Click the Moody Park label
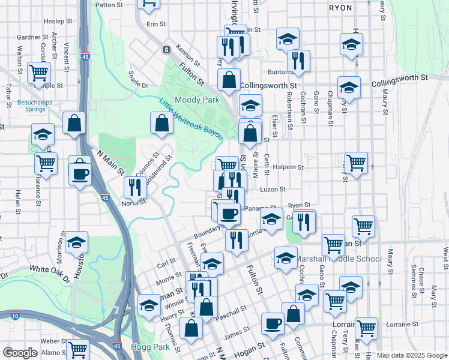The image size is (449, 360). (197, 100)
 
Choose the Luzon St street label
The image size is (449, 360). (273, 189)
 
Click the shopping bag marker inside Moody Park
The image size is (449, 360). (163, 124)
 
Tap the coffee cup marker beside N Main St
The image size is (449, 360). (80, 175)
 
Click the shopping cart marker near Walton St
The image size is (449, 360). (40, 73)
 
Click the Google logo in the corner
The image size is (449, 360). (20, 353)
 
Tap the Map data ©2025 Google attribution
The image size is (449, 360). (412, 355)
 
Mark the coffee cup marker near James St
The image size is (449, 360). (273, 324)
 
